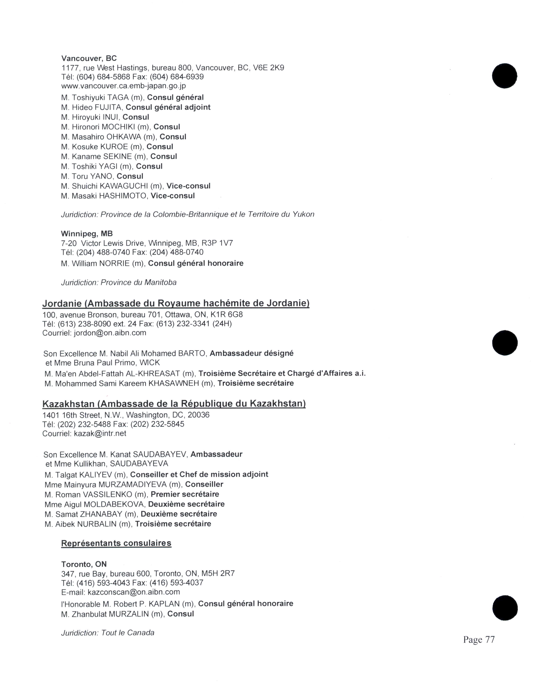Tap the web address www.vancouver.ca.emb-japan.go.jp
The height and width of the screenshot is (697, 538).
click(x=123, y=86)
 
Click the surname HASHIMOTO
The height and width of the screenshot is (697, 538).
click(x=123, y=196)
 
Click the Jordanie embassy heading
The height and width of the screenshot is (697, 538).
click(x=176, y=303)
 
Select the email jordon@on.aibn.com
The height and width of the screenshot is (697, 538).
click(x=110, y=333)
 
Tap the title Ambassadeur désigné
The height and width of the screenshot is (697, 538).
click(x=251, y=354)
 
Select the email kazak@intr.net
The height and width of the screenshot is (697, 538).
click(x=100, y=434)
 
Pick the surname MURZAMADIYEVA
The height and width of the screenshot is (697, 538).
click(x=132, y=485)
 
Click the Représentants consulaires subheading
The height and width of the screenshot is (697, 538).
click(x=116, y=543)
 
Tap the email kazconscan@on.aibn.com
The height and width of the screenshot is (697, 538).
click(x=134, y=592)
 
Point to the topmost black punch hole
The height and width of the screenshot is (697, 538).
click(x=504, y=76)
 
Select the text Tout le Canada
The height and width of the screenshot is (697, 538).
click(x=127, y=633)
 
